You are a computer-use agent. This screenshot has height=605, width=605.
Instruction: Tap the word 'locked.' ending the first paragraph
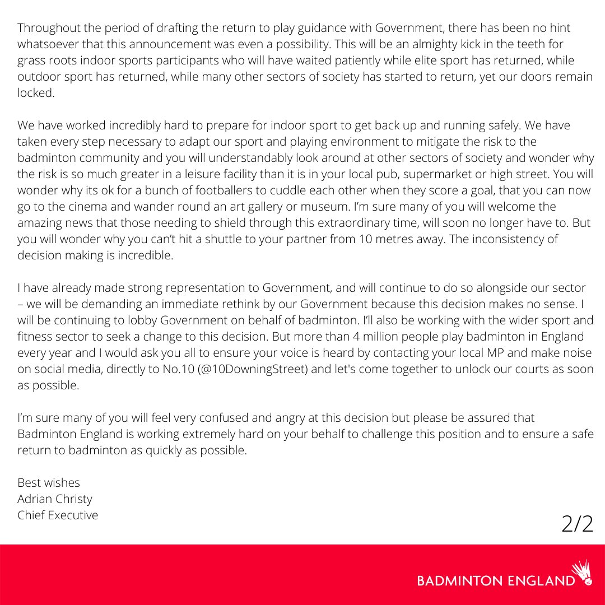(36, 93)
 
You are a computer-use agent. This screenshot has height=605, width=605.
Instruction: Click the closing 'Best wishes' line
(49, 482)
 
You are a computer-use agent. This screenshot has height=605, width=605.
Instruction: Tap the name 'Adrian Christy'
(54, 499)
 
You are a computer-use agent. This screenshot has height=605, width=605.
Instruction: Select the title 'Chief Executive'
(58, 515)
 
